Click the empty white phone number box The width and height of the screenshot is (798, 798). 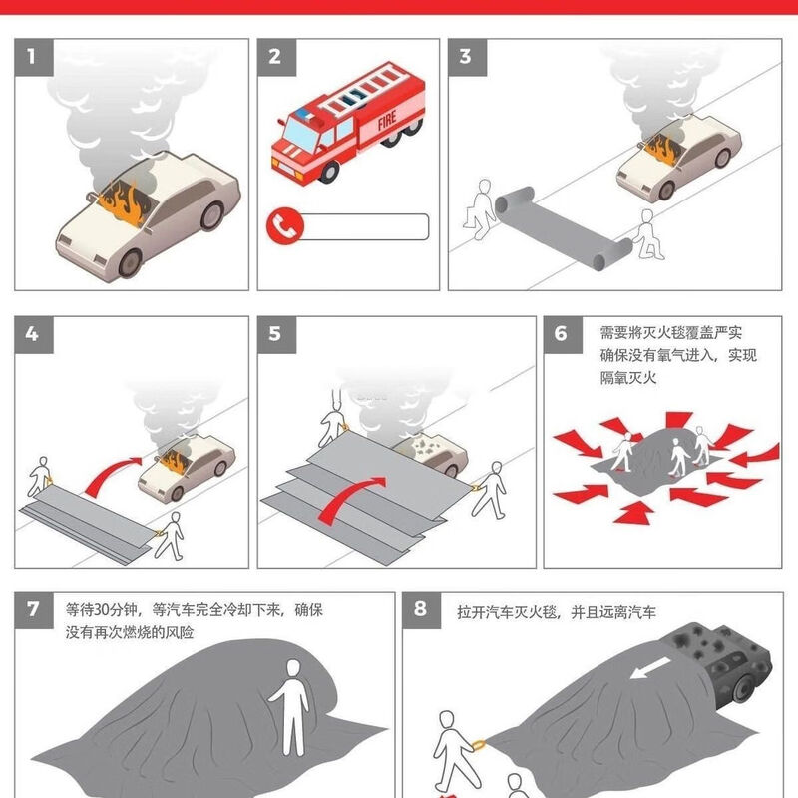point(363,226)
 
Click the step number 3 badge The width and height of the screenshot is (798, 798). point(465,56)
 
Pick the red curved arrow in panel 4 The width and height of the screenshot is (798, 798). point(112,473)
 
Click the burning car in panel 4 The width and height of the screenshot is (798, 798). point(185,470)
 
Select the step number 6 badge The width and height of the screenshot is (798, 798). point(561,332)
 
